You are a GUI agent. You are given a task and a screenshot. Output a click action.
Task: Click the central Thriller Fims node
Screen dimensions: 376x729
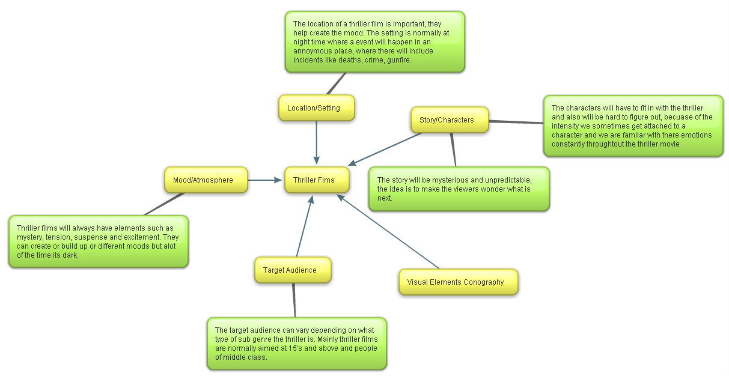point(317,180)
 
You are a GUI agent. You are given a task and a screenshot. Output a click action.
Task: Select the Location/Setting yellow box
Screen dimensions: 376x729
point(317,108)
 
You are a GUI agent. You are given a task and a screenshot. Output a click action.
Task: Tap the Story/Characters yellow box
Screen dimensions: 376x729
point(450,120)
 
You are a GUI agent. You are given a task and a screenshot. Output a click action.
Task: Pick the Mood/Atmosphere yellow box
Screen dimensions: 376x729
point(206,180)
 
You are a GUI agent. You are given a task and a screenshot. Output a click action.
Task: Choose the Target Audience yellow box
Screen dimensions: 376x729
point(293,270)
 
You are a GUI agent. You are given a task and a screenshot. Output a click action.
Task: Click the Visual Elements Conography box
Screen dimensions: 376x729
point(458,282)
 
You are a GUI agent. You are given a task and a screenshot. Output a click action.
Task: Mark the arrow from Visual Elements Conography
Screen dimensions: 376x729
point(389,231)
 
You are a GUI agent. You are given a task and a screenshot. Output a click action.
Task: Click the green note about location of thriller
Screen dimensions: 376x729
point(374,41)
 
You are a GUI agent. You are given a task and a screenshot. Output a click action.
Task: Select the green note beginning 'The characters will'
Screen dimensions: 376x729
point(633,126)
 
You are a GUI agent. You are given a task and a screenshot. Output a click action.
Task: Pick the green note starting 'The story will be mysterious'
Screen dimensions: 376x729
point(459,189)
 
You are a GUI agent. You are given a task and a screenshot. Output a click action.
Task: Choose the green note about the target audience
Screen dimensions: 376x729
point(296,344)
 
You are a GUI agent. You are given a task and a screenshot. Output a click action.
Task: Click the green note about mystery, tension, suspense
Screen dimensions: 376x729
point(98,241)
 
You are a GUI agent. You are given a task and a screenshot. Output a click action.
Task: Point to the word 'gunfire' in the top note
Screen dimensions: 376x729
point(398,60)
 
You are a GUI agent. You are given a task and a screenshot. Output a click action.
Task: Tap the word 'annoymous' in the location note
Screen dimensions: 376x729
point(311,51)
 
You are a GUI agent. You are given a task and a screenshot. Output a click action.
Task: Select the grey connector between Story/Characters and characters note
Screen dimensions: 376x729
point(516,122)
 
